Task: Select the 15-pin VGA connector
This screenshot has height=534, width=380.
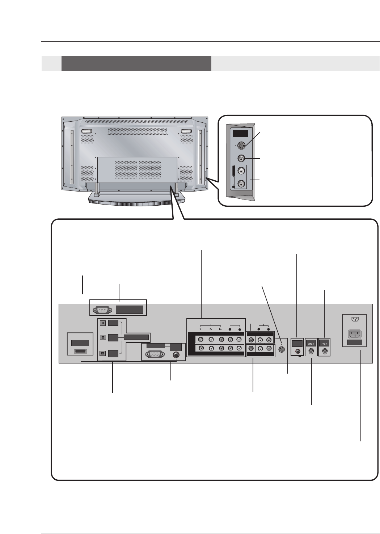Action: [x=154, y=355]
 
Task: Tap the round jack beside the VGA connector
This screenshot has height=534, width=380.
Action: [x=176, y=355]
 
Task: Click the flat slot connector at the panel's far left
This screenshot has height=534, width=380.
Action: [x=80, y=352]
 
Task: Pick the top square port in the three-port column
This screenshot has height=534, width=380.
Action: [x=103, y=323]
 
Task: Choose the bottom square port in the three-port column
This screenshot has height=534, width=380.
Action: [x=103, y=354]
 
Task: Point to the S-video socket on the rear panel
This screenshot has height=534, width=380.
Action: [x=282, y=349]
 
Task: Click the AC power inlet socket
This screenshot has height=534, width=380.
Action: [x=354, y=333]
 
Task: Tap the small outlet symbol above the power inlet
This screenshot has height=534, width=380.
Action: [x=354, y=319]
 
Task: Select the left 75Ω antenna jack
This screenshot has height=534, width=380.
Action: [x=311, y=350]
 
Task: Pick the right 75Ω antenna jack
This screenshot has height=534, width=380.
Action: [x=325, y=350]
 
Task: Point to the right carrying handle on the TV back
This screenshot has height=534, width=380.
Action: [x=186, y=131]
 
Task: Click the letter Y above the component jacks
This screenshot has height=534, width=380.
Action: [x=200, y=329]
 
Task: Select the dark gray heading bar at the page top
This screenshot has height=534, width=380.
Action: [x=136, y=63]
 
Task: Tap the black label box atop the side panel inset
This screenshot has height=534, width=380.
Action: [x=241, y=133]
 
